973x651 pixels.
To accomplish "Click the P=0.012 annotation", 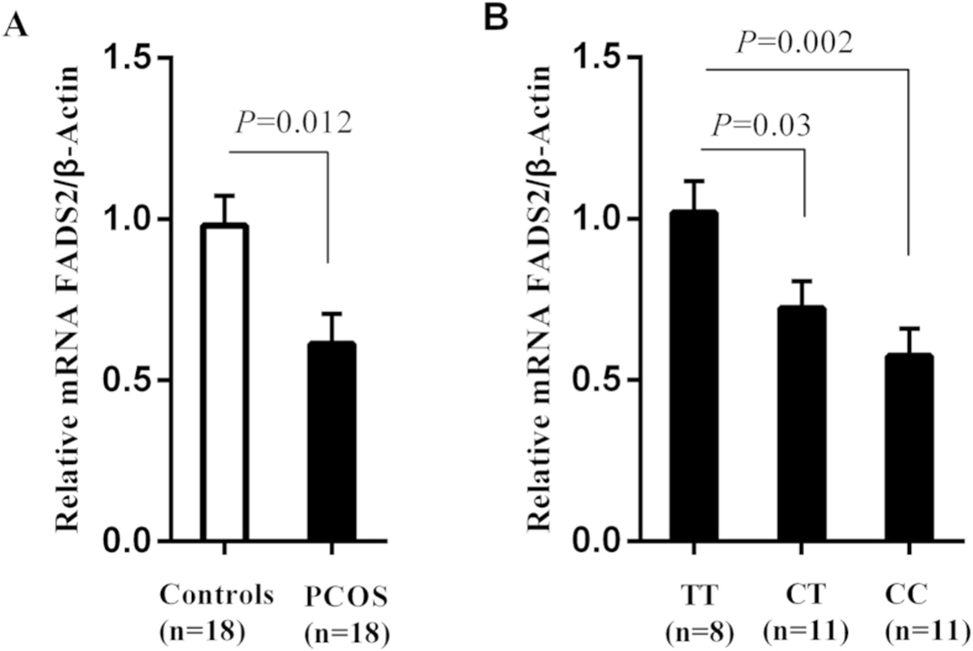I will pyautogui.click(x=294, y=123).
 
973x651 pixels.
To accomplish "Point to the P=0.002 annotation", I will pyautogui.click(x=795, y=43).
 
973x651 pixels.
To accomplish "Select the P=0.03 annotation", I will pyautogui.click(x=761, y=125).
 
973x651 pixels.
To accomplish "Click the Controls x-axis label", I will pyautogui.click(x=217, y=595).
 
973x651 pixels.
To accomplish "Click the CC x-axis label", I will pyautogui.click(x=906, y=595).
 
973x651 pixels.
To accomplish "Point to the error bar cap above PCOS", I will pyautogui.click(x=332, y=314).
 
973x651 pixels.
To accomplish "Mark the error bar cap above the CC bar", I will pyautogui.click(x=909, y=328).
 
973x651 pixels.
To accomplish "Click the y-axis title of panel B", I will pyautogui.click(x=539, y=300).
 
